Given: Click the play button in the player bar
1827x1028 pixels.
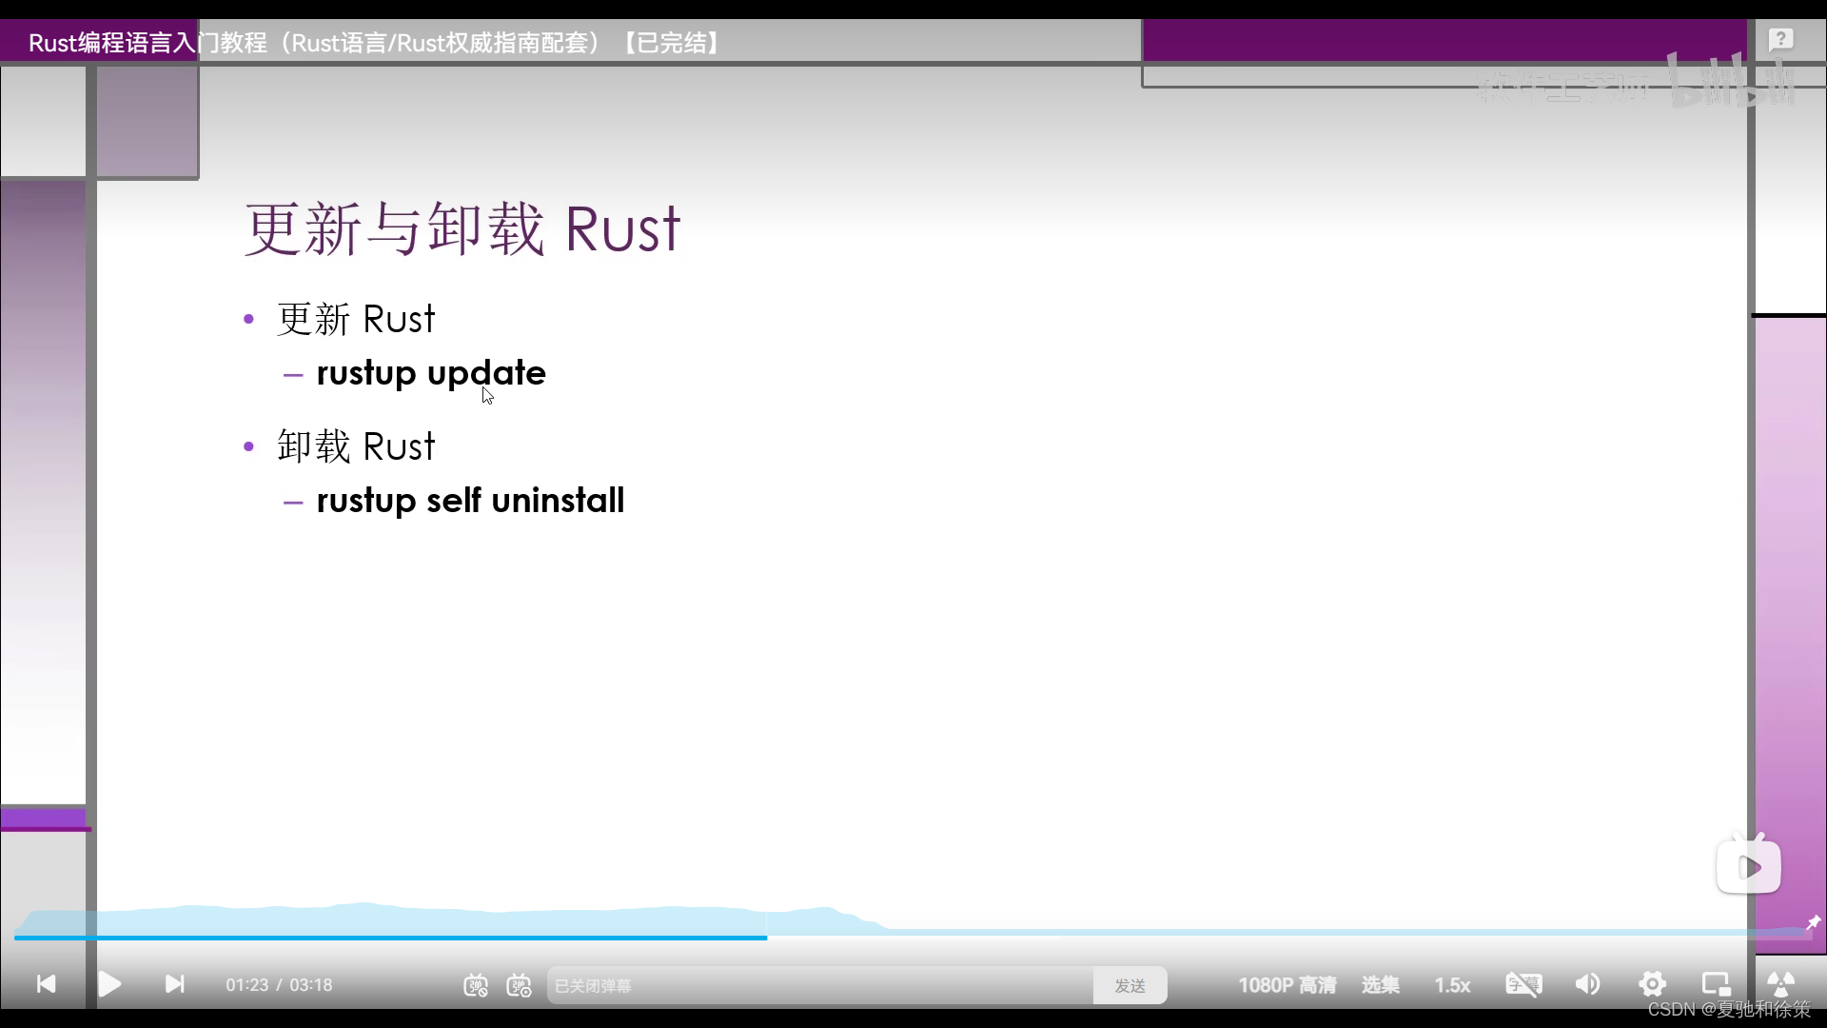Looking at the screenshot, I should [x=109, y=984].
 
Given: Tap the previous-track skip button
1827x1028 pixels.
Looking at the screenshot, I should [x=46, y=984].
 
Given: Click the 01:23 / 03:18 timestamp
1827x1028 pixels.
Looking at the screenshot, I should [x=279, y=985].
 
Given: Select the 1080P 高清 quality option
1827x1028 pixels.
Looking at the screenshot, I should [x=1287, y=985].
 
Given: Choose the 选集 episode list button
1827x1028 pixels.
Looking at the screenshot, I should [x=1380, y=985].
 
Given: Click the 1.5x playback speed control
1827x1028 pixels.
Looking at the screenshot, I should [x=1452, y=985].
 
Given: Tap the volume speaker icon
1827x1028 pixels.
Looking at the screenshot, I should [x=1587, y=984].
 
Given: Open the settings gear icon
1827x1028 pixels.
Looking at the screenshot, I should [x=1652, y=984].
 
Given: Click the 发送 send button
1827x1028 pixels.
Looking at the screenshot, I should [x=1130, y=986].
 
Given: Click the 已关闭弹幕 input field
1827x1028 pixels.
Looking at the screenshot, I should [x=818, y=986].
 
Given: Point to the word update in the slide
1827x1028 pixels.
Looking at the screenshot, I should [x=486, y=373].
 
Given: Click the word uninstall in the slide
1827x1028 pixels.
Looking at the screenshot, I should [x=558, y=501].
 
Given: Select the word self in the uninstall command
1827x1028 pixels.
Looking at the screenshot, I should [x=454, y=501].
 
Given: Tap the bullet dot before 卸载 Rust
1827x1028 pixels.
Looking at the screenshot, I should [x=249, y=446].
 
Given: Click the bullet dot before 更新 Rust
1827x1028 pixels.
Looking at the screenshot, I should [x=249, y=319].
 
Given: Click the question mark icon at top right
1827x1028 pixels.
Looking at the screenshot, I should [x=1780, y=40].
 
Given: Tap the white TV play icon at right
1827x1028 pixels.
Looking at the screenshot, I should [x=1748, y=866].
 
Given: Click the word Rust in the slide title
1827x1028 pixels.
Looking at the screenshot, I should [x=622, y=230].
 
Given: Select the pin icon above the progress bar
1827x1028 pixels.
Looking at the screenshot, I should [x=1813, y=922].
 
